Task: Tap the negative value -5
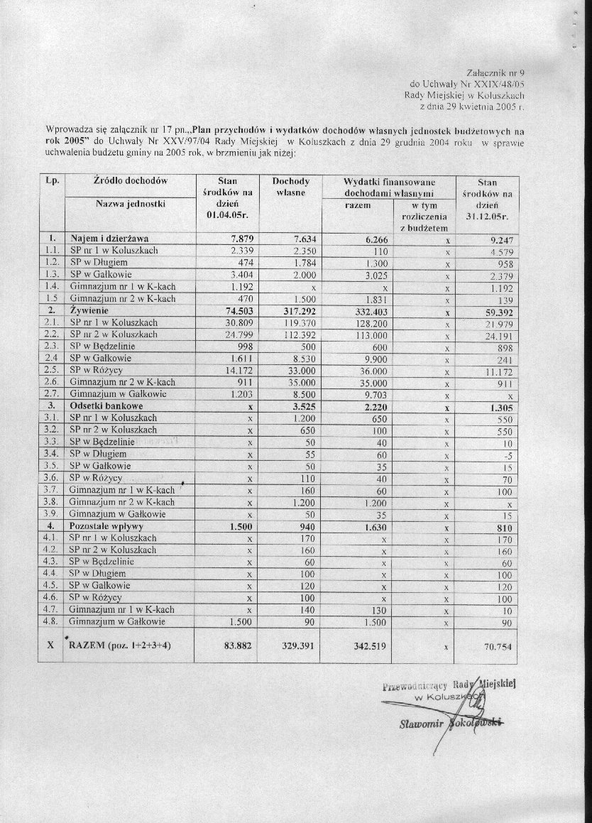[504, 455]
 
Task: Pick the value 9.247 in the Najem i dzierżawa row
[498, 239]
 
